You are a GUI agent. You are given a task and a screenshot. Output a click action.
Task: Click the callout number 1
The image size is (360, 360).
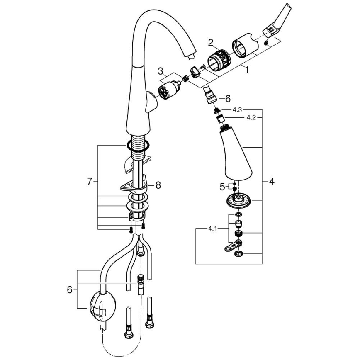coord(247,71)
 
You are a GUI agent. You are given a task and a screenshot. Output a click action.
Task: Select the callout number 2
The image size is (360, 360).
coord(211,42)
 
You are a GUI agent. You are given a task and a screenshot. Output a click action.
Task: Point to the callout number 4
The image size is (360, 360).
coord(271,181)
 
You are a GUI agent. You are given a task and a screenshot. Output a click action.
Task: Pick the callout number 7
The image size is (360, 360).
coord(90,181)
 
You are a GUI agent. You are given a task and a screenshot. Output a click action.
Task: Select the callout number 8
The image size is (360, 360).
coord(158,186)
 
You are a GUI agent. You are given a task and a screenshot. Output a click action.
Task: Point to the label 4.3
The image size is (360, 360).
coord(237,109)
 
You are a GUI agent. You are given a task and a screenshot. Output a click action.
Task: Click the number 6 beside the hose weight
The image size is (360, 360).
coord(69,289)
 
